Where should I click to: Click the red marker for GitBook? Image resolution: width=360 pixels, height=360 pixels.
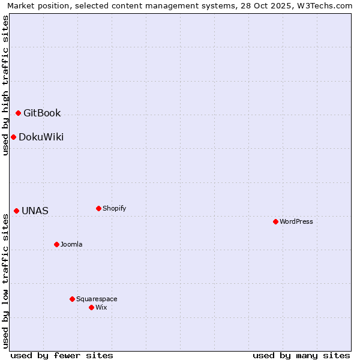pos(18,113)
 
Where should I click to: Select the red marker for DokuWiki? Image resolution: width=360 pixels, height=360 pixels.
pos(13,137)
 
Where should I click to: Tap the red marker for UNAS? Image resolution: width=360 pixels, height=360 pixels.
pos(16,211)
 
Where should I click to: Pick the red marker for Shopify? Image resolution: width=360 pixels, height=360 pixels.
pos(98,208)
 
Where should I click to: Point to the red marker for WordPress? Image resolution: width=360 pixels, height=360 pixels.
pos(275,221)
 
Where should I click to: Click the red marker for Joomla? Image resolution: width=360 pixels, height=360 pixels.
pos(56,244)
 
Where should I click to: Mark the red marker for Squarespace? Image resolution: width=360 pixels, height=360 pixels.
pos(72,299)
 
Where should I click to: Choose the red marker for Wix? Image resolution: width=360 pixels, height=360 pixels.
pos(91,307)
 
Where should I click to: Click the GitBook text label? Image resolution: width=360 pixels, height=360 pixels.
pos(42,113)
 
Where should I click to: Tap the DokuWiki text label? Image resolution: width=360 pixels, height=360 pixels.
pos(41,137)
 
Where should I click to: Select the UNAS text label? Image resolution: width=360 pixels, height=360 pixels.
pos(35,211)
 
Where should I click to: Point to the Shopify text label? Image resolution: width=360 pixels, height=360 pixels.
pos(114,208)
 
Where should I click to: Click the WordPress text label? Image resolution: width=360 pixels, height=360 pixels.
pos(296,221)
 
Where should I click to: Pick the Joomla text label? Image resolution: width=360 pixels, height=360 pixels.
pos(71,244)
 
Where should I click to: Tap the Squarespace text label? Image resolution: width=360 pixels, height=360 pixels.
pos(97,299)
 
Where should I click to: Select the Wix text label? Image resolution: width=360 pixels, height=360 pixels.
pos(101,307)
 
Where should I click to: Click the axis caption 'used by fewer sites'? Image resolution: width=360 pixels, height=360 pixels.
pos(62,355)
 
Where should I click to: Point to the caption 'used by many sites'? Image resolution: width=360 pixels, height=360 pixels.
pos(301,355)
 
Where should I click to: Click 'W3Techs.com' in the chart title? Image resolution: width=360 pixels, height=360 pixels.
pos(326,5)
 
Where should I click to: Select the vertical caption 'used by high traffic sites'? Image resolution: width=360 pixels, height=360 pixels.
pos(5,85)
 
